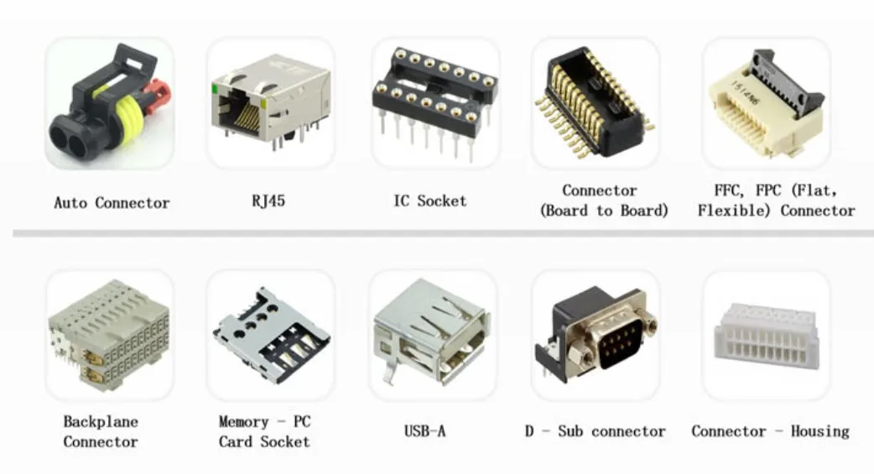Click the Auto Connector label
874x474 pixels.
pyautogui.click(x=112, y=203)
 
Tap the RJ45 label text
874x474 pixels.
pyautogui.click(x=268, y=201)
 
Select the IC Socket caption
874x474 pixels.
pyautogui.click(x=429, y=201)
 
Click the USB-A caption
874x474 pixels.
pyautogui.click(x=424, y=431)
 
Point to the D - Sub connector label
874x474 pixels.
pyautogui.click(x=595, y=431)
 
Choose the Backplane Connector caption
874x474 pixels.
pyautogui.click(x=101, y=431)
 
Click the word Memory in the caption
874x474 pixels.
pyautogui.click(x=243, y=422)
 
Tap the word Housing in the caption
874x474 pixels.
pyautogui.click(x=819, y=431)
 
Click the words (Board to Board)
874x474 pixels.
pyautogui.click(x=603, y=211)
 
